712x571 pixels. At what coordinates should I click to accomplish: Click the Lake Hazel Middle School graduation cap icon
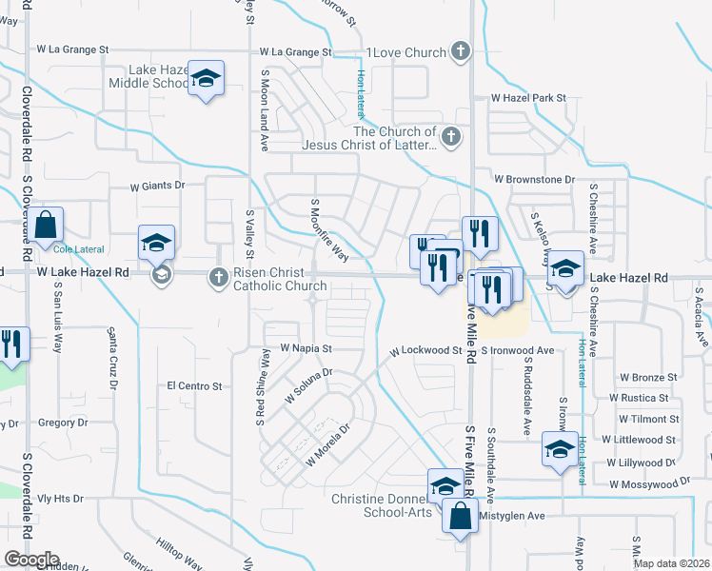coord(205,79)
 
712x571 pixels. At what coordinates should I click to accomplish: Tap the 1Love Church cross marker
coord(459,51)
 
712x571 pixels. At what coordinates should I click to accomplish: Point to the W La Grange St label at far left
coord(73,49)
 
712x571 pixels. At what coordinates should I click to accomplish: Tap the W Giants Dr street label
coord(148,187)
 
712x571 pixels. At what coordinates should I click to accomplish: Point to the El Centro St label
coord(193,386)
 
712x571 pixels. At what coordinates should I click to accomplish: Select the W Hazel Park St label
coord(528,98)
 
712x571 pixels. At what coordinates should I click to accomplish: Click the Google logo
coord(30,560)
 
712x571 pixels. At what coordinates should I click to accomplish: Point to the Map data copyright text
coord(671,563)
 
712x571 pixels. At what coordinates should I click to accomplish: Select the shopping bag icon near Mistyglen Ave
coord(460,517)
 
